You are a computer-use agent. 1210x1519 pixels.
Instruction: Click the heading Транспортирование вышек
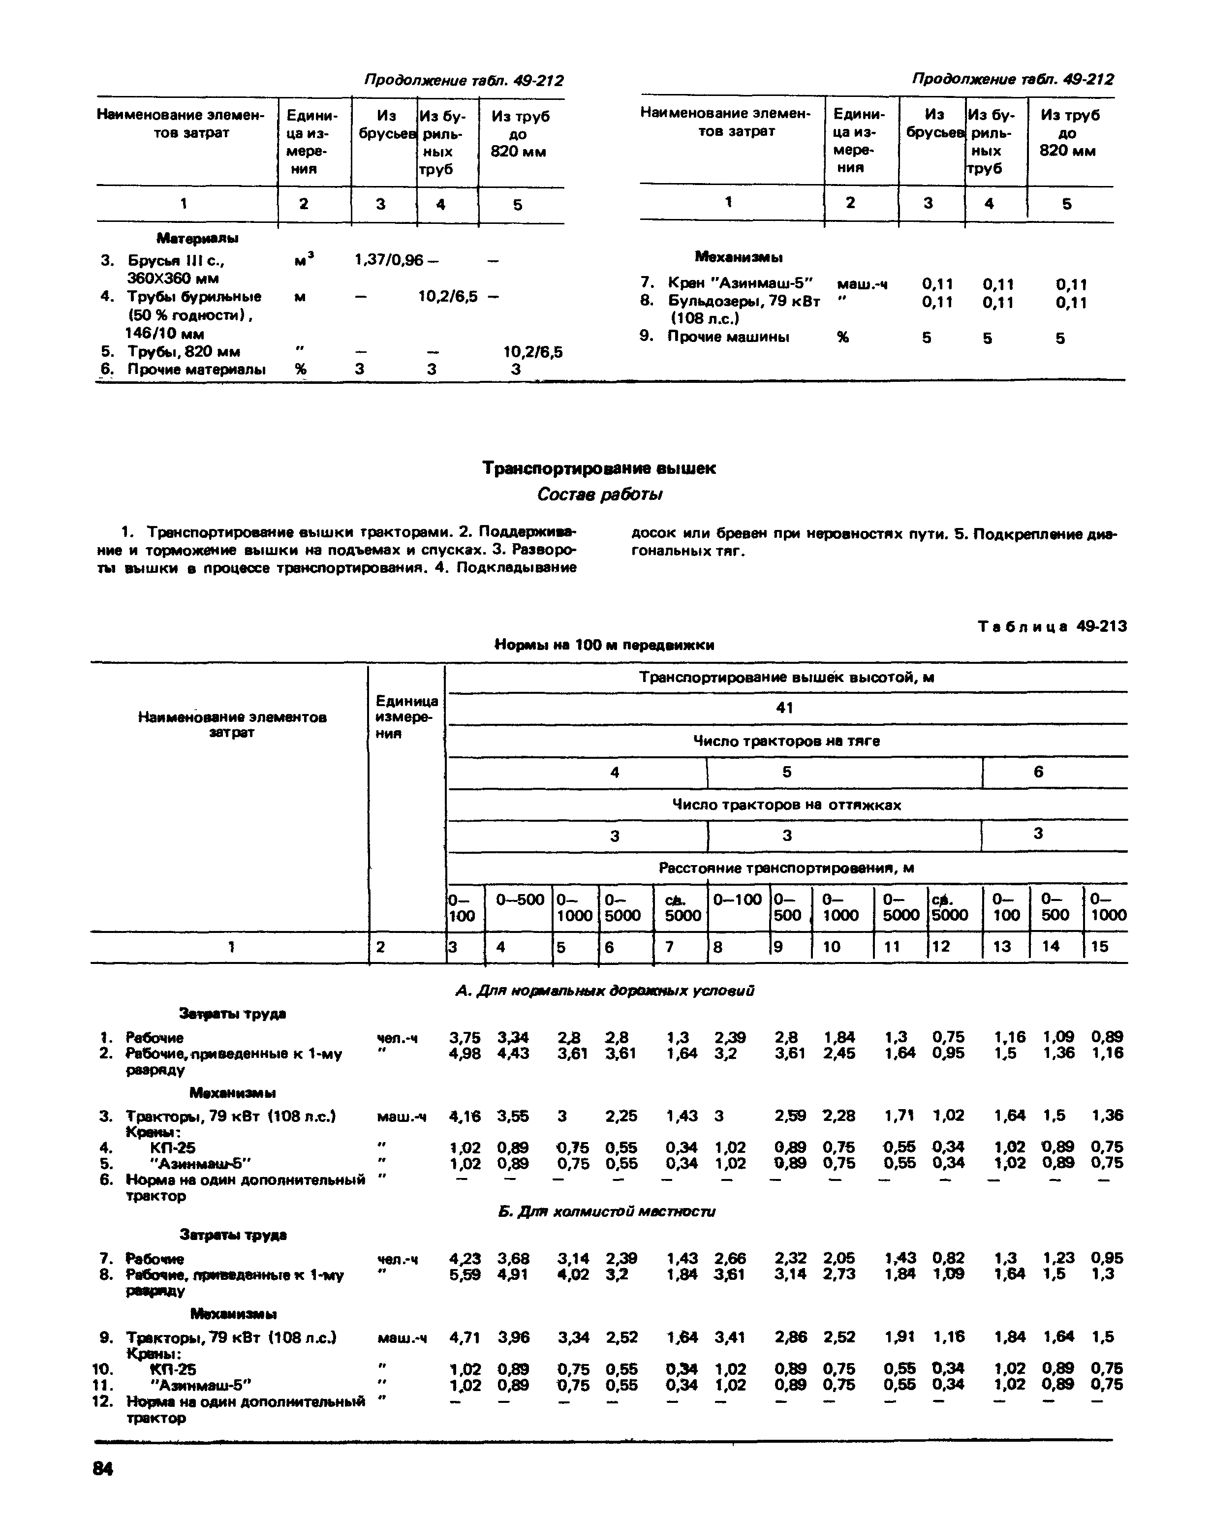coord(598,468)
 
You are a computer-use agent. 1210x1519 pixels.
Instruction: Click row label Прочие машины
coord(727,336)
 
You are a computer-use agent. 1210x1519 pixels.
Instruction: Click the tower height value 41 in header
coord(784,708)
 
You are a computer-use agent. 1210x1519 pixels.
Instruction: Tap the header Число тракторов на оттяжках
coord(786,805)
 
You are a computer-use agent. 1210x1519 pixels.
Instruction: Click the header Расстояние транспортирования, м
coord(786,868)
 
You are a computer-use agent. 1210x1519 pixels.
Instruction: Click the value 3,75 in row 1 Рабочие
coord(465,1037)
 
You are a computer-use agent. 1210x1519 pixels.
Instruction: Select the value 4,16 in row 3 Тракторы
coord(465,1116)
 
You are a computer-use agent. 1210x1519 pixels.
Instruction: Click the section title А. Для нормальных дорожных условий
coord(605,990)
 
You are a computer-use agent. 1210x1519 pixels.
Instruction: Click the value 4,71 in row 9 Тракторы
coord(465,1336)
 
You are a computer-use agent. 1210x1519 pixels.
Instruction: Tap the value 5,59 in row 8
coord(465,1274)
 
